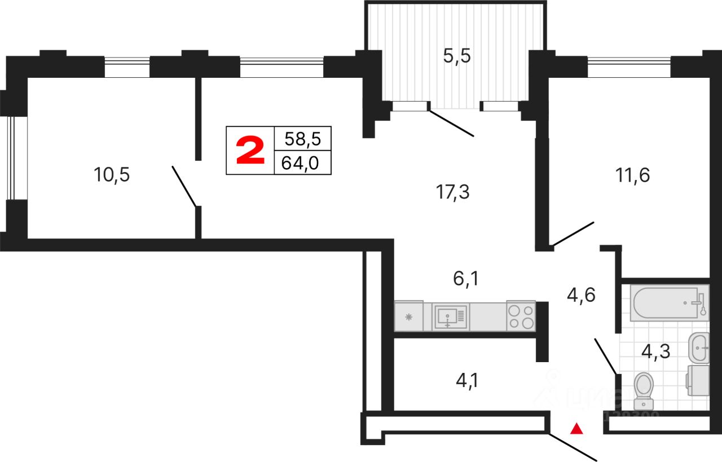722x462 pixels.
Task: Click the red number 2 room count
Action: point(250,151)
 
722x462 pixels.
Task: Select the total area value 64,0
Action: point(302,163)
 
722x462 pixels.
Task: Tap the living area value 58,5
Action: point(302,139)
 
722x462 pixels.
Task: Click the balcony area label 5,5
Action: point(456,57)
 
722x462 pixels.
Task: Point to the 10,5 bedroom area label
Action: point(112,175)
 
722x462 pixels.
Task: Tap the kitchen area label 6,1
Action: point(465,278)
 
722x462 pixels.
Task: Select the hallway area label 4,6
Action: point(580,295)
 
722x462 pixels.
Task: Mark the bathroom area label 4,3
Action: point(656,351)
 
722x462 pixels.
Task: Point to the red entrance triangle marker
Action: point(576,429)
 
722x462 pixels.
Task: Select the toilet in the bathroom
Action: point(643,390)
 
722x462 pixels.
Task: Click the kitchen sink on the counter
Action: point(450,316)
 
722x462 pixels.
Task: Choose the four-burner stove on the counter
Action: point(521,316)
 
